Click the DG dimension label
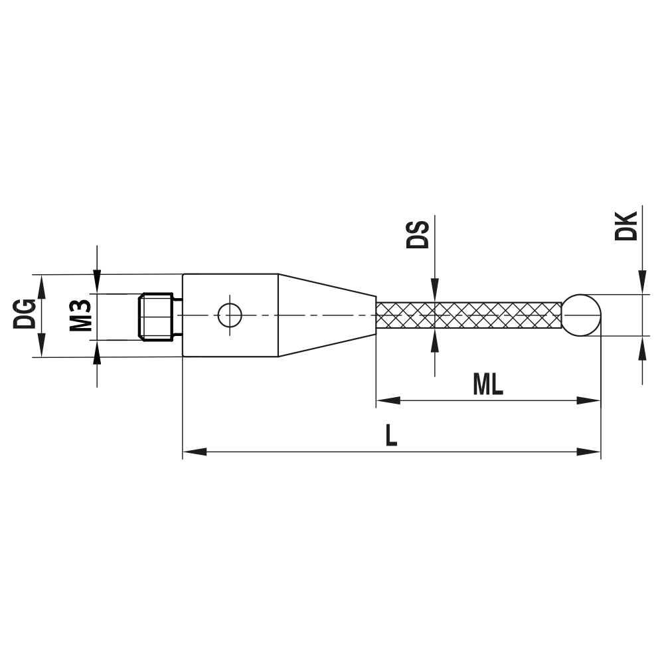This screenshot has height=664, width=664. (25, 314)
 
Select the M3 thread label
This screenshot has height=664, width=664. (80, 315)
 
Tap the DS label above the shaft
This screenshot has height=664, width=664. (418, 234)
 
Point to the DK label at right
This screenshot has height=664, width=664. (626, 226)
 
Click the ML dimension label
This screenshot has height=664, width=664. (488, 385)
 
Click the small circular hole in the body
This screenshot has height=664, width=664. (230, 315)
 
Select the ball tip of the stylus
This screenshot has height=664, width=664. (582, 315)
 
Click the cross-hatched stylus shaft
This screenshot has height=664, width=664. (469, 315)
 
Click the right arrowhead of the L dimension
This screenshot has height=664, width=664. (589, 452)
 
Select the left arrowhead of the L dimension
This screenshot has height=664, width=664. (195, 452)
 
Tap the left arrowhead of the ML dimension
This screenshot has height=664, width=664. (388, 400)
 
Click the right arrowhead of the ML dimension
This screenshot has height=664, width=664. (589, 400)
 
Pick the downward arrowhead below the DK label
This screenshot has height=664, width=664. (643, 282)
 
